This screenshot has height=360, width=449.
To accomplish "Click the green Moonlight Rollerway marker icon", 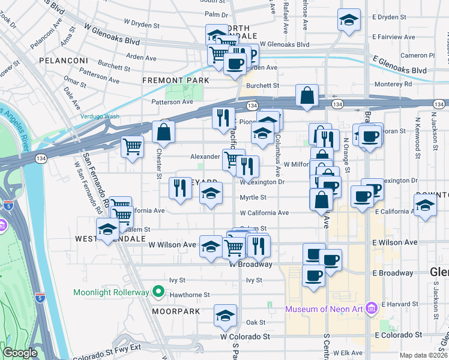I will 158,292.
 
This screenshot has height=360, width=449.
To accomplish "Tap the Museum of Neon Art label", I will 325,309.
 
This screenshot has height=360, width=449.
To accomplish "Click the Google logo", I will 20,353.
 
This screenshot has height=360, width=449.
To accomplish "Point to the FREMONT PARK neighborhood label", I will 176,80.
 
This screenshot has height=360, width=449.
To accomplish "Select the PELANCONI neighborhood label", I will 64,61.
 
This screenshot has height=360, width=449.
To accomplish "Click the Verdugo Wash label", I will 100,116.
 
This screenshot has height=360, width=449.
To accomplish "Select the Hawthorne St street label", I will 190,295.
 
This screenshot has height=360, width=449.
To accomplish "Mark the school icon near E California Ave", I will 425,206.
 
